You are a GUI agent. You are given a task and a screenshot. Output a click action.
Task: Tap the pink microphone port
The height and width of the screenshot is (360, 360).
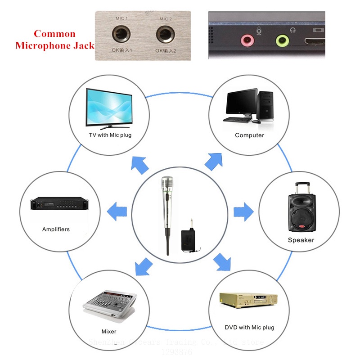[x=247, y=41]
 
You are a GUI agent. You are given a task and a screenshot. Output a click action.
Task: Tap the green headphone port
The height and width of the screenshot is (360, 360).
[x=282, y=41]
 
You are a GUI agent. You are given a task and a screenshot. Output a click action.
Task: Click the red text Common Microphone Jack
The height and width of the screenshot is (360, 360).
[x=54, y=40]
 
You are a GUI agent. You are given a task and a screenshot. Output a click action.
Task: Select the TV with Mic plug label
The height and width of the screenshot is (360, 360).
[x=110, y=135]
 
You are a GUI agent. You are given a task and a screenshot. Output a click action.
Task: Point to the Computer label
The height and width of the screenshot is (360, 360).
[x=249, y=135]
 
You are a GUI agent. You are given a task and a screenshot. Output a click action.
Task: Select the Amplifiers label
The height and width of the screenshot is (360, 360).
[x=56, y=229]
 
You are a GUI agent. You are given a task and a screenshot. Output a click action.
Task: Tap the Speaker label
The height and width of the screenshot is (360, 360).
[x=301, y=240]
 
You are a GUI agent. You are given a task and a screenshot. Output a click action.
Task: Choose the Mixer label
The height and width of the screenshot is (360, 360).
[x=109, y=332]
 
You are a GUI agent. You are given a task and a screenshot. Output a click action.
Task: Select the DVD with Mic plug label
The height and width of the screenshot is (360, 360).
[x=249, y=327]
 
